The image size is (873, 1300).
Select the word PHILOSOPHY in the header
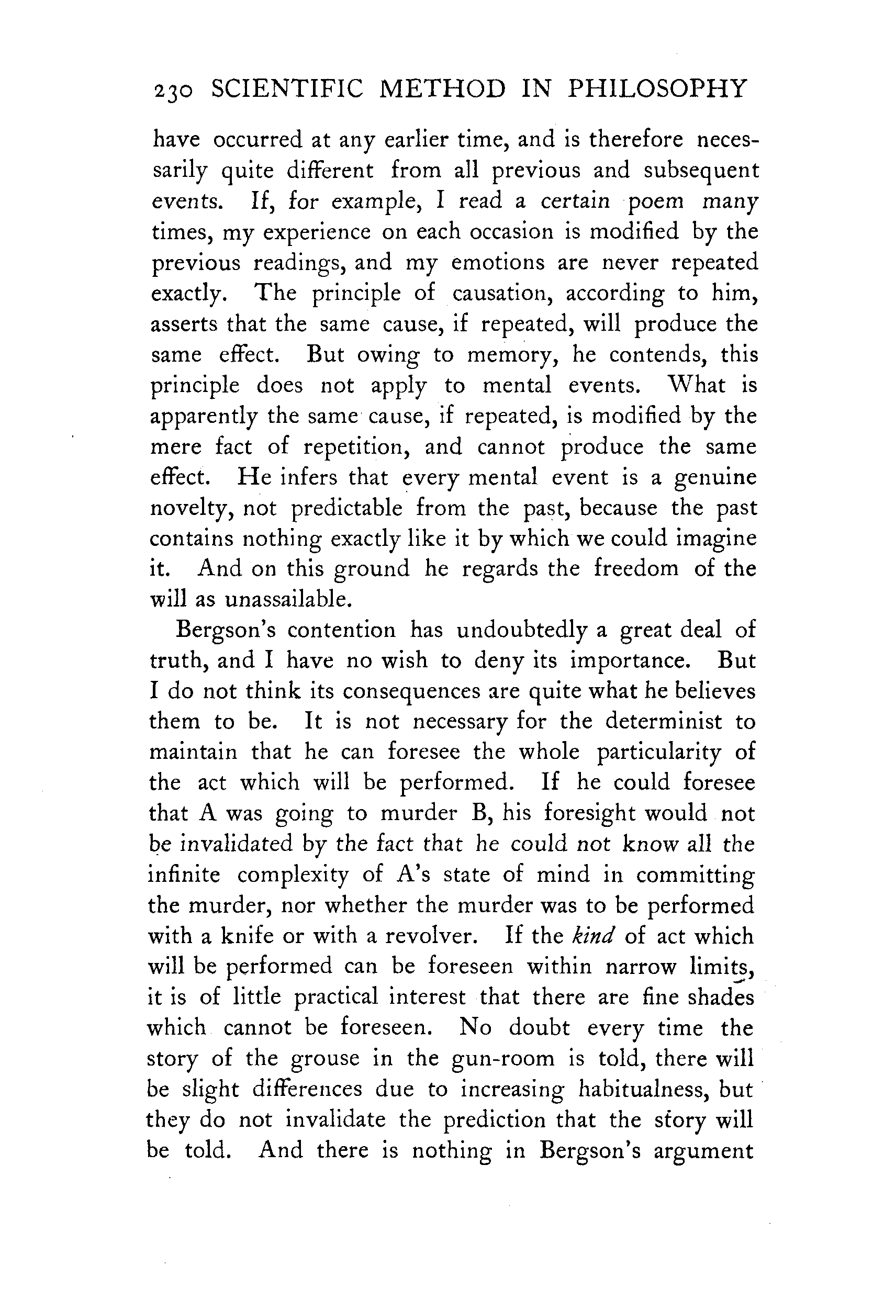[x=656, y=89]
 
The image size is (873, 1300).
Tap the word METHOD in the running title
[x=443, y=89]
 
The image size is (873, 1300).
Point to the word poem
[x=655, y=201]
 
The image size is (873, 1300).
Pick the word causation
[x=501, y=293]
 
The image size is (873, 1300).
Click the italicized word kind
[x=592, y=936]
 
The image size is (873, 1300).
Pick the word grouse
[x=324, y=1058]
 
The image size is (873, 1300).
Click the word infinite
[x=184, y=875]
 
